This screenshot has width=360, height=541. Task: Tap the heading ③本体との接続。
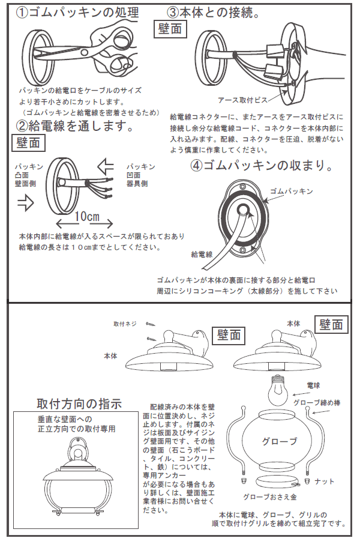click(213, 13)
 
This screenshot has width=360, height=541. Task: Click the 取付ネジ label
click(125, 324)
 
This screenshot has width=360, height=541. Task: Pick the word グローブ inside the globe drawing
click(278, 441)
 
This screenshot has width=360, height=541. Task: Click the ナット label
click(324, 481)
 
